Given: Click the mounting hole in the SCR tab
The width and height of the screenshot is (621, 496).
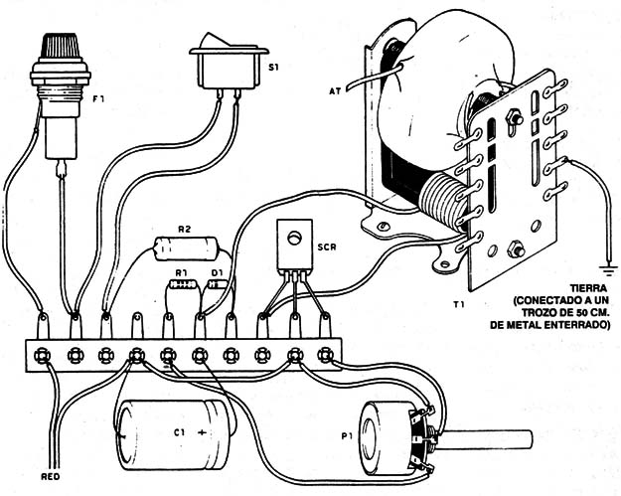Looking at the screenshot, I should pos(292,236).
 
